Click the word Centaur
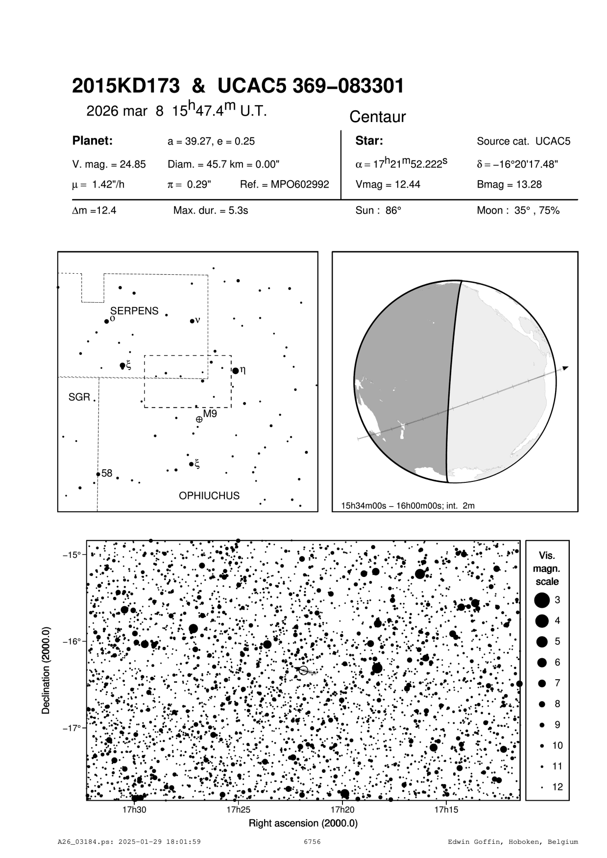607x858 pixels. coord(377,117)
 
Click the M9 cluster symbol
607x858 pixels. coord(199,419)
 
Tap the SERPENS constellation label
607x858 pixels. coord(134,311)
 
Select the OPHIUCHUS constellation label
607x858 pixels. coord(209,496)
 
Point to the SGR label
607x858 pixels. coord(79,397)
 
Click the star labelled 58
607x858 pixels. coord(98,474)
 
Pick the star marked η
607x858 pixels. coord(236,371)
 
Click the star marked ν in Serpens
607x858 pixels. coord(192,321)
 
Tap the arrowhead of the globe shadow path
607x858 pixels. coord(566,367)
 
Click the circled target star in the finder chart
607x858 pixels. coord(304,670)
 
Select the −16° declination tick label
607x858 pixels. coord(72,642)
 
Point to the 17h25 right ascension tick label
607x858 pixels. coord(238,810)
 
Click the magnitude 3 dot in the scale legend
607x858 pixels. coord(542,600)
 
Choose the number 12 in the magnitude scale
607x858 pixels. coord(558,787)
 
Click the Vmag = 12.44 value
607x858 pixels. coord(388,185)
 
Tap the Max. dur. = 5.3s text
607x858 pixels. coord(211,211)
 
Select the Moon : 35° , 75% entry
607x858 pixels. coord(518,211)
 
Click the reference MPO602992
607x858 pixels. coord(285,185)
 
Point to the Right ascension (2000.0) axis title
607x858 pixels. coord(303,823)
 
